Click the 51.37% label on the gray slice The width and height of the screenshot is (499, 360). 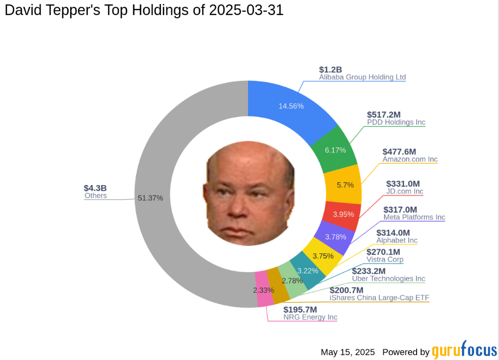[x=150, y=198]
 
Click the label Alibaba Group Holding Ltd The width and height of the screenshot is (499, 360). [x=362, y=77]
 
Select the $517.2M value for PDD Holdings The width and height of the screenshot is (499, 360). [x=384, y=114]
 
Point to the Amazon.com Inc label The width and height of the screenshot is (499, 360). [x=410, y=159]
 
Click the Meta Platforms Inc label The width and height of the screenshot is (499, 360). [x=414, y=217]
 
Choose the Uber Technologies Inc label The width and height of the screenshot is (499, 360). [x=388, y=279]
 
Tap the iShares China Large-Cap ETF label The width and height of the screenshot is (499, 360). [x=379, y=298]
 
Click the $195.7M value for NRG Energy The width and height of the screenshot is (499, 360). [x=300, y=309]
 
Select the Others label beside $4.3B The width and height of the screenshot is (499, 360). [x=96, y=196]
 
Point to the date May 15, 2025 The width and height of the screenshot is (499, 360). [x=347, y=352]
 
